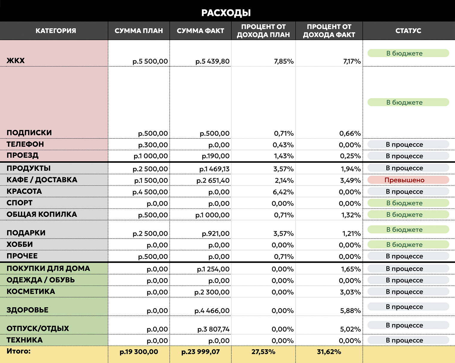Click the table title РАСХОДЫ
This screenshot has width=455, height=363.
[226, 13]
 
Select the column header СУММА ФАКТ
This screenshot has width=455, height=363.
[200, 31]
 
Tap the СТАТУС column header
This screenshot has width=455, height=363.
[408, 31]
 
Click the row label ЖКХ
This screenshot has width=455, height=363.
[16, 61]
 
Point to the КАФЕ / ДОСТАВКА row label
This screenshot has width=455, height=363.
[42, 180]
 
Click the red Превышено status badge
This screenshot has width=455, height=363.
[408, 180]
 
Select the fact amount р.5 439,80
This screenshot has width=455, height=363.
[213, 61]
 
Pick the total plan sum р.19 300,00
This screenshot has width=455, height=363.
[139, 352]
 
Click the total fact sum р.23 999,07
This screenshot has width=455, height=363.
[201, 352]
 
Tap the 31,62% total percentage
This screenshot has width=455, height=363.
[329, 352]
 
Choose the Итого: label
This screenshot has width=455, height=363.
[19, 351]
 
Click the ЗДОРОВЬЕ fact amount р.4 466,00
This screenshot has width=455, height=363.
[212, 311]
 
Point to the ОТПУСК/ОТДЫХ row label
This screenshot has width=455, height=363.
[38, 328]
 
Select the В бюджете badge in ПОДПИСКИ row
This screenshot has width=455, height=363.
[408, 102]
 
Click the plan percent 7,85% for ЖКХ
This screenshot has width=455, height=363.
[284, 61]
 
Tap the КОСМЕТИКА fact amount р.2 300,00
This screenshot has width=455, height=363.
[212, 292]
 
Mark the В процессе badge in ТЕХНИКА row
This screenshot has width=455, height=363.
[408, 340]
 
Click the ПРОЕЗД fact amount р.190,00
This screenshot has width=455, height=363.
[216, 156]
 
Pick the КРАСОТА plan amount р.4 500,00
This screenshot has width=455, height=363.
[150, 192]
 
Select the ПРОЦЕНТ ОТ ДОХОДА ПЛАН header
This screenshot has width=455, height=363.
[263, 31]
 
